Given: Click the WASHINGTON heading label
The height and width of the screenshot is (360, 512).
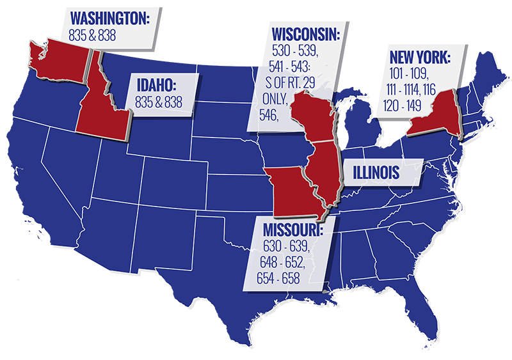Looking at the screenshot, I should tap(109, 19).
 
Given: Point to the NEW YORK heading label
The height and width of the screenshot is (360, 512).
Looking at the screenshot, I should tap(420, 58).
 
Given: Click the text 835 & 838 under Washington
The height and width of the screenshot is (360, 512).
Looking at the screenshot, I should tap(92, 36).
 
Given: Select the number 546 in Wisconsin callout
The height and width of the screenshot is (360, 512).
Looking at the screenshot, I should tap(268, 115).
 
